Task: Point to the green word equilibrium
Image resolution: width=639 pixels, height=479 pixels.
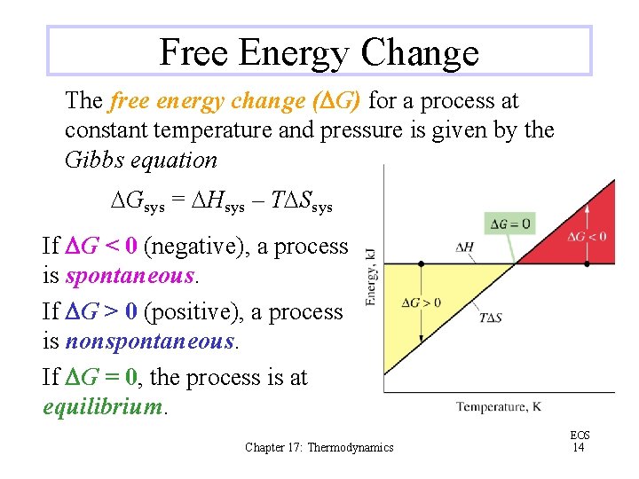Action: point(104,407)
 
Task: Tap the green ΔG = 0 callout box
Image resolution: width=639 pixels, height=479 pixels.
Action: point(509,223)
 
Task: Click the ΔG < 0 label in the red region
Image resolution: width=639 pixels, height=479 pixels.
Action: point(588,237)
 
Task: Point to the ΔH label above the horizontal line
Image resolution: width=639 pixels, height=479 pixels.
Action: point(464,247)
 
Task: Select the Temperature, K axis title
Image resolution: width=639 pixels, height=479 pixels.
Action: point(498,407)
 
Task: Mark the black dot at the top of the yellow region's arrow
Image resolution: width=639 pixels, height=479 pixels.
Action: point(422,263)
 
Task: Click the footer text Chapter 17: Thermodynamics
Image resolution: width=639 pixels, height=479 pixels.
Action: point(319,448)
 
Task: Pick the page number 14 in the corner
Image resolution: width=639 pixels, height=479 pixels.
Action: point(579,447)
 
